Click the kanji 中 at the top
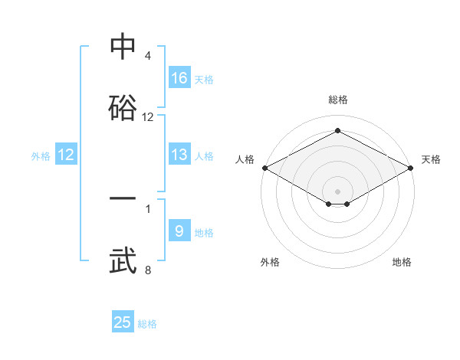click(123, 48)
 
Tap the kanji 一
click(123, 198)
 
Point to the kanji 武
click(123, 260)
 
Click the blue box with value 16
click(179, 77)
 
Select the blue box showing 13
click(179, 155)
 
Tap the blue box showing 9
click(179, 231)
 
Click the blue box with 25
click(123, 322)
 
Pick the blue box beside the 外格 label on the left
click(66, 155)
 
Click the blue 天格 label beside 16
click(203, 79)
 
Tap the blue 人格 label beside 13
click(203, 155)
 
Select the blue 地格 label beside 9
click(203, 232)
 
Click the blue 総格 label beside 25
click(147, 323)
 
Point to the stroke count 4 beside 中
click(147, 56)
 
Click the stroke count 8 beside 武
click(147, 270)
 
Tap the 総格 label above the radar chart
click(337, 100)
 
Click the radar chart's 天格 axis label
click(431, 159)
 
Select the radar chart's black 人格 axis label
click(245, 159)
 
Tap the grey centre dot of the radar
click(337, 191)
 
